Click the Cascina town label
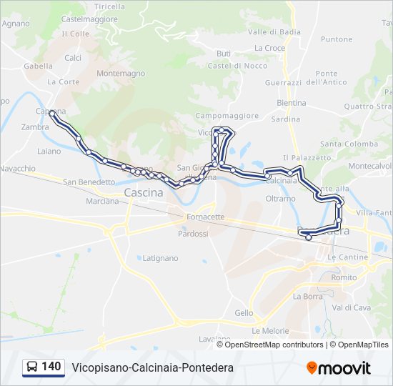(x=144, y=193)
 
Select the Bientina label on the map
(x=291, y=103)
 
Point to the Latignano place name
(x=160, y=257)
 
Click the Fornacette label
(x=205, y=217)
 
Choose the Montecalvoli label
(x=370, y=166)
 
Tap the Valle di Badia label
(x=274, y=32)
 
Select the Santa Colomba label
(x=349, y=144)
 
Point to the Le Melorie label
(x=270, y=331)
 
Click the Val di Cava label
(x=351, y=307)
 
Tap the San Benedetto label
(x=89, y=182)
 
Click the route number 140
(x=51, y=367)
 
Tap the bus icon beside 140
(x=32, y=367)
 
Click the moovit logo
(x=339, y=368)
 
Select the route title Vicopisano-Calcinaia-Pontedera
(x=152, y=367)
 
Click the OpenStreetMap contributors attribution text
(x=274, y=345)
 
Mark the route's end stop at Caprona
(x=52, y=114)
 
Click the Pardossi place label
(x=193, y=234)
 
